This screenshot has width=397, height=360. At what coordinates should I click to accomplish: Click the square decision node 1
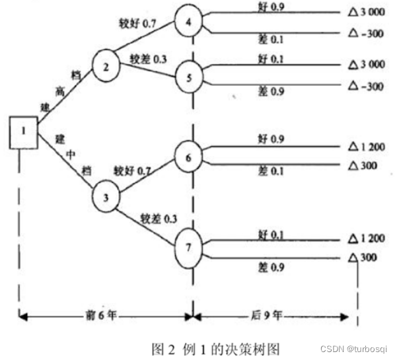point(22,129)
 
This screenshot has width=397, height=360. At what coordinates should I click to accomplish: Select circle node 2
point(107,67)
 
